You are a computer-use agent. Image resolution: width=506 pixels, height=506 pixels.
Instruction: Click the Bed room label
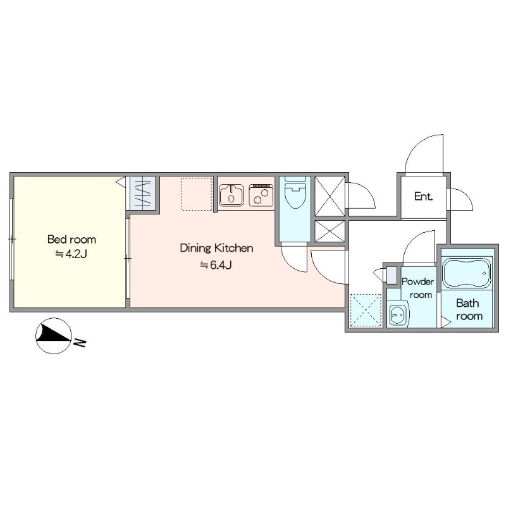(71, 240)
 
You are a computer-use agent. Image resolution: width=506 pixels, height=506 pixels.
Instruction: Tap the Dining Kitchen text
(216, 248)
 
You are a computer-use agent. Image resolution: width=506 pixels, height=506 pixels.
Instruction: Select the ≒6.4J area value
(216, 265)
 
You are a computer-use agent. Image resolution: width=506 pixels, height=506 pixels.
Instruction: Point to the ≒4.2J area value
(71, 254)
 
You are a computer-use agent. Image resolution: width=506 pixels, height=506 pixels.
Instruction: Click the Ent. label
(423, 196)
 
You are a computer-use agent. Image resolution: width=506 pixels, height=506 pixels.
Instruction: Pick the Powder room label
(418, 288)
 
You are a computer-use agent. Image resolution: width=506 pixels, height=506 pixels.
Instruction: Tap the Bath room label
(469, 309)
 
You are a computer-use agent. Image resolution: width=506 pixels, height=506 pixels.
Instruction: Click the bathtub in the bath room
(467, 273)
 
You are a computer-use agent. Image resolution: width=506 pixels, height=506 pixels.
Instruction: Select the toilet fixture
(295, 192)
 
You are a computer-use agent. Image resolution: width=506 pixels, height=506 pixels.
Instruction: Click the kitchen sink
(231, 195)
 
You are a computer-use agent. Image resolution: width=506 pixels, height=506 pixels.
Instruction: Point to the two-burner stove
(261, 195)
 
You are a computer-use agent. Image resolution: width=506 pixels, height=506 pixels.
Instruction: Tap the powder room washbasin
(398, 314)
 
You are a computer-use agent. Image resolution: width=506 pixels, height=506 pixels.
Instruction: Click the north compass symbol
(54, 336)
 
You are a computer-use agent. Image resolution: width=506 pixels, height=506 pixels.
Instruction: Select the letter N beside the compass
(80, 342)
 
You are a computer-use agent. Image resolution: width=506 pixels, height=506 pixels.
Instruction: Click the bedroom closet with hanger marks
(143, 193)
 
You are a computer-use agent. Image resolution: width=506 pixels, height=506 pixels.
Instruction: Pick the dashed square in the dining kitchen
(197, 194)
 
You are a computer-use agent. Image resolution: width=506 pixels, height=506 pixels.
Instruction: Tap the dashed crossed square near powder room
(366, 310)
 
